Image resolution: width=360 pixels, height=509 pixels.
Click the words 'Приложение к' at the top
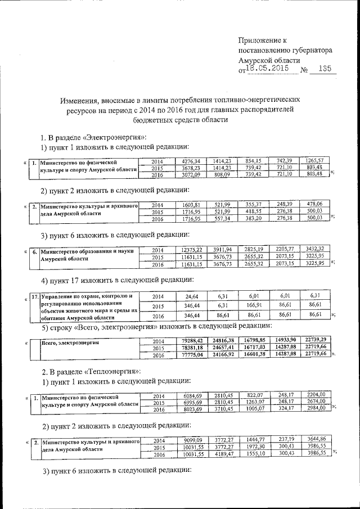click(263, 40)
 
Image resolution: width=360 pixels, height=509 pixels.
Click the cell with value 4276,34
click(191, 161)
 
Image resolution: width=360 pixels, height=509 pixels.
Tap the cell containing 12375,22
click(191, 250)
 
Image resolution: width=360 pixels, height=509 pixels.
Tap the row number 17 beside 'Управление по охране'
click(35, 295)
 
